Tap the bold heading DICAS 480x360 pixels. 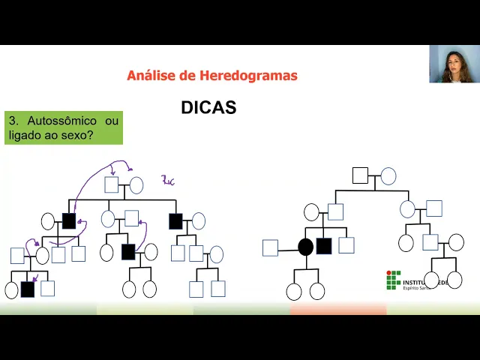point(208,108)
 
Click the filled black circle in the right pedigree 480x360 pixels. point(305,247)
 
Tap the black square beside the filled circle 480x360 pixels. point(324,246)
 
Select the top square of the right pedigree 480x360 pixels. point(360,175)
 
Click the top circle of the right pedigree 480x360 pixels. point(388,176)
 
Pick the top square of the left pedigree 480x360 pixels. point(112,185)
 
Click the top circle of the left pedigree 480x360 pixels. point(136,185)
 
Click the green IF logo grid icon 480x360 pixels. point(393,280)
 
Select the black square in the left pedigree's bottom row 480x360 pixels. point(28,289)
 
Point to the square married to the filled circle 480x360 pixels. point(270,247)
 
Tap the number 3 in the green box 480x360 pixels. point(13,120)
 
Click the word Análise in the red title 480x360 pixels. point(150,75)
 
